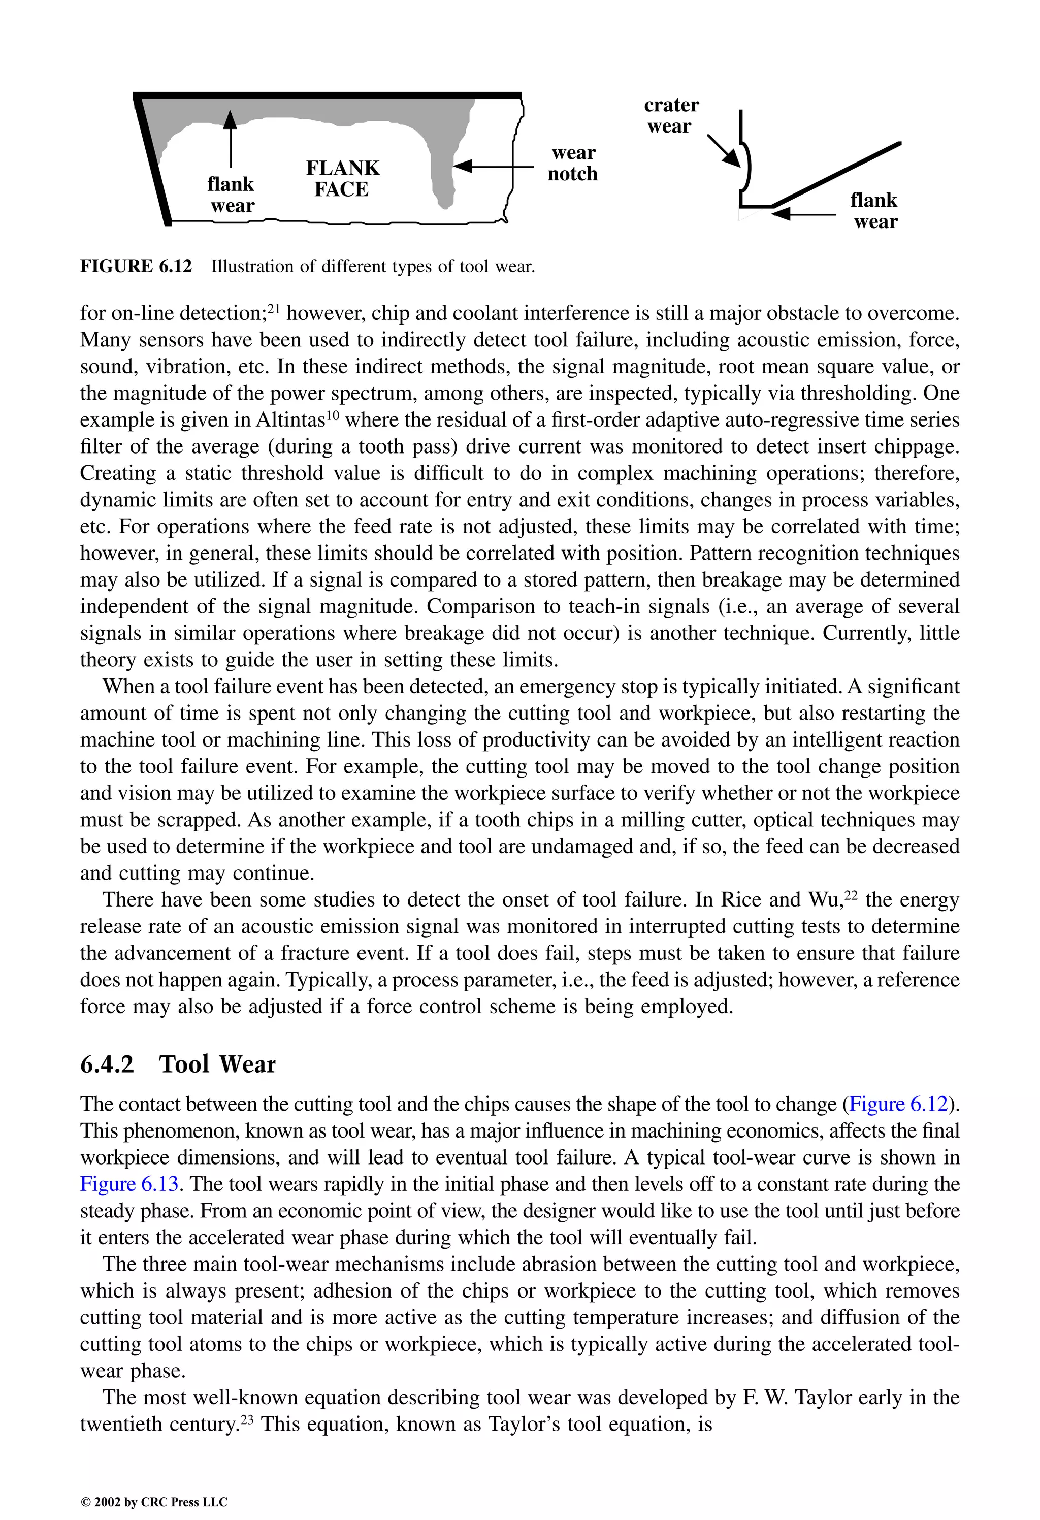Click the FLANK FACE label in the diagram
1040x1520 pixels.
coord(342,179)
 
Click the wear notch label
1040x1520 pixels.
coord(572,164)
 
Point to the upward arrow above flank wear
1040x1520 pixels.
coord(230,137)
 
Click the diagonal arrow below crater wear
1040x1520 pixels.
coord(724,150)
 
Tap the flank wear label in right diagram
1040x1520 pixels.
coord(874,211)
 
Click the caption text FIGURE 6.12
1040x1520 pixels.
coord(136,266)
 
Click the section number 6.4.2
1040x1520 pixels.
coord(107,1064)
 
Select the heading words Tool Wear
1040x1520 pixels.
coord(217,1064)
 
